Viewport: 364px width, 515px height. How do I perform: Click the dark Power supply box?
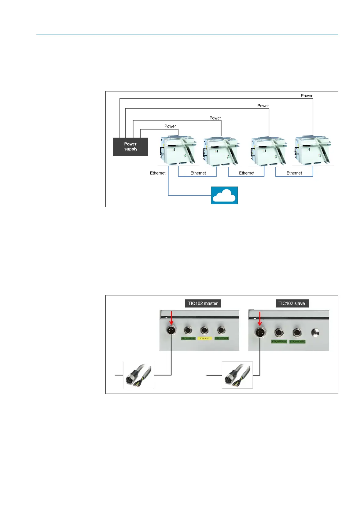(x=131, y=147)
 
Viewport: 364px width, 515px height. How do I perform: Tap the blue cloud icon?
(x=224, y=195)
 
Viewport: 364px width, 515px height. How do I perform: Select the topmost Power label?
(x=306, y=96)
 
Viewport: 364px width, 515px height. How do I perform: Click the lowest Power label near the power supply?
(x=170, y=126)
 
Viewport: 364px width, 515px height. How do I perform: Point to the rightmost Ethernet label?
(x=294, y=173)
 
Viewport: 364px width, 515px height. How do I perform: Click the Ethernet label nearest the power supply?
(x=158, y=173)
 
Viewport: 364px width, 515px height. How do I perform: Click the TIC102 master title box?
(x=203, y=303)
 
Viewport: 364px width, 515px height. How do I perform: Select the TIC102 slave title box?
(x=292, y=303)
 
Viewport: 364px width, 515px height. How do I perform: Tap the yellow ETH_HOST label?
(x=205, y=338)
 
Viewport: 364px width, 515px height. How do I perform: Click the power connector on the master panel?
(x=171, y=330)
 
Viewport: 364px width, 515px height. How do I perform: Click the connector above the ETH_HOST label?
(x=204, y=330)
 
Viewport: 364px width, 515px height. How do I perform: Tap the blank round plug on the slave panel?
(x=315, y=332)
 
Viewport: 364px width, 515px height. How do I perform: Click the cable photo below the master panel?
(x=138, y=375)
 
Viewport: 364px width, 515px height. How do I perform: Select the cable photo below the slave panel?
(x=237, y=375)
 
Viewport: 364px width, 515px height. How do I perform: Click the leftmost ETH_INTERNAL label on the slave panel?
(x=279, y=341)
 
